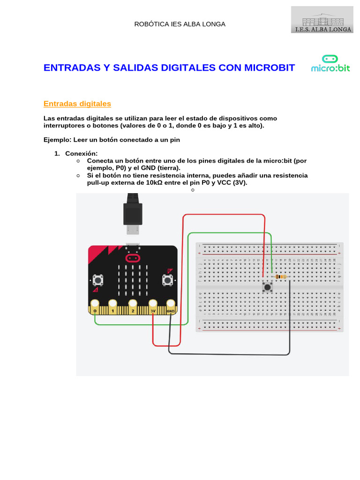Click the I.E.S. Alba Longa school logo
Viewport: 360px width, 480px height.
322,20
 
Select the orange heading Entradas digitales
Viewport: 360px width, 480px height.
77,104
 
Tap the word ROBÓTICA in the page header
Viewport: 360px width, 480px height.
150,24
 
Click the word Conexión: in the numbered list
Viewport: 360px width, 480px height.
81,153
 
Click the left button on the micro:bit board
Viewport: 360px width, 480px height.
98,280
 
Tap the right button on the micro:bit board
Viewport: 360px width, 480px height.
167,280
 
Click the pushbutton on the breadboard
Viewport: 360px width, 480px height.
267,287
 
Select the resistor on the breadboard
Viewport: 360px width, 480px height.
280,277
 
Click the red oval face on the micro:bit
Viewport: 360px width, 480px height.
132,258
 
